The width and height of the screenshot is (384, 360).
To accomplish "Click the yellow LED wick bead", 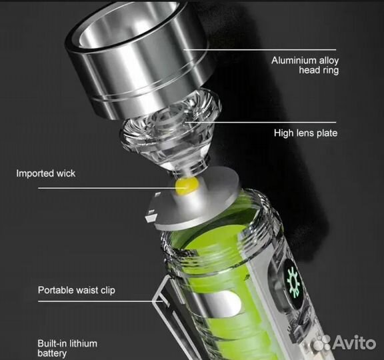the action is (187, 186).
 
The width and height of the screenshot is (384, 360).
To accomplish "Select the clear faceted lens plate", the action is (169, 130).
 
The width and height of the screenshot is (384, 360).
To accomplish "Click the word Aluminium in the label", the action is (293, 60).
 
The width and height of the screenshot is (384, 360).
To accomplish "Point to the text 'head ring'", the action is (319, 70).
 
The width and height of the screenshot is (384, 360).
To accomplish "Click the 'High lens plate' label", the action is (305, 133).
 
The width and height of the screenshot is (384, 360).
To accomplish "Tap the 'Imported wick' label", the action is (45, 173).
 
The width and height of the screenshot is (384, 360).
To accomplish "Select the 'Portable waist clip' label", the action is (77, 290).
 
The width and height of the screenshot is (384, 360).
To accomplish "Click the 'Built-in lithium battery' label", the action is (67, 348).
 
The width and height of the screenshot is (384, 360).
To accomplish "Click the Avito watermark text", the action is (354, 342).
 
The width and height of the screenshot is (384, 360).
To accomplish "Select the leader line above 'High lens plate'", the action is (261, 122).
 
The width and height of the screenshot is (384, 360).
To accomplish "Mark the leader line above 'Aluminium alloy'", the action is (259, 50).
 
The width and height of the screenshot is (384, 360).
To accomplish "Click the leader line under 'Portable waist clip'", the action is (101, 301).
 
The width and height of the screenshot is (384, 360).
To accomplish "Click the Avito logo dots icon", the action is (322, 342).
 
